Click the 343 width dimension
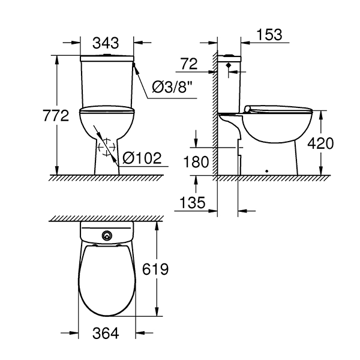point(106,43)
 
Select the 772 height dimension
point(56,115)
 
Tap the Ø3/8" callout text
point(172,87)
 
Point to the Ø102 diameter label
point(142,158)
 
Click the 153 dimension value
point(269,35)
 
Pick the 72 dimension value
point(189,64)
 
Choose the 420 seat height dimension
point(320,143)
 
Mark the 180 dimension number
point(196,161)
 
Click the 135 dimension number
point(192,203)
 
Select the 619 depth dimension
point(155,269)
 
